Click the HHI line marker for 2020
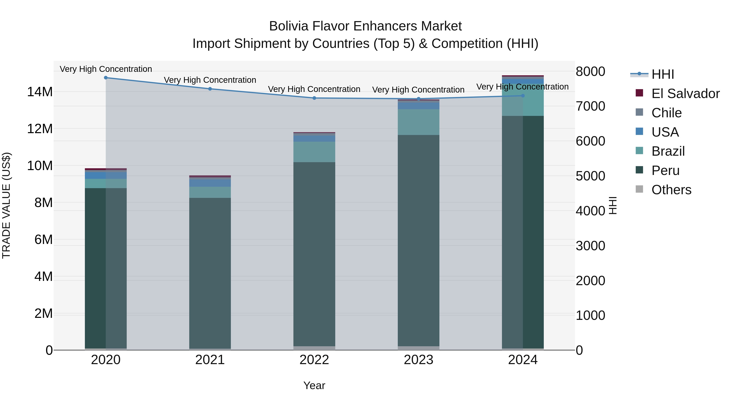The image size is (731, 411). pos(106,78)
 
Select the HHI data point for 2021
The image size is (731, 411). pos(210,89)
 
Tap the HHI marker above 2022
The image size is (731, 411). pos(314,98)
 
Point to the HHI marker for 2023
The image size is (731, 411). pos(418,99)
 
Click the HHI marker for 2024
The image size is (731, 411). pos(523,96)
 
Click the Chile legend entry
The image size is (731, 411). pos(666,113)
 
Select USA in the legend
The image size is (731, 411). pos(665,132)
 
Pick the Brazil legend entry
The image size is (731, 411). pos(668,151)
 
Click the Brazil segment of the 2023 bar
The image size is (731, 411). pos(418,122)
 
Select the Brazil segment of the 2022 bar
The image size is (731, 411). pos(314,152)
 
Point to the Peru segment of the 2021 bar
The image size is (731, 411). pos(210,272)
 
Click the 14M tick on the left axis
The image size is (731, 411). pos(40,92)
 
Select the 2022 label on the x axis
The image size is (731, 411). pos(314,360)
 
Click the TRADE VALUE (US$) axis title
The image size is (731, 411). pos(6,205)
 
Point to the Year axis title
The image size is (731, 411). pos(314,385)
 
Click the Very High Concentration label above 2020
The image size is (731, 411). pos(106,69)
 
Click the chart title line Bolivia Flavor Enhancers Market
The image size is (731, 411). pos(365,26)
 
